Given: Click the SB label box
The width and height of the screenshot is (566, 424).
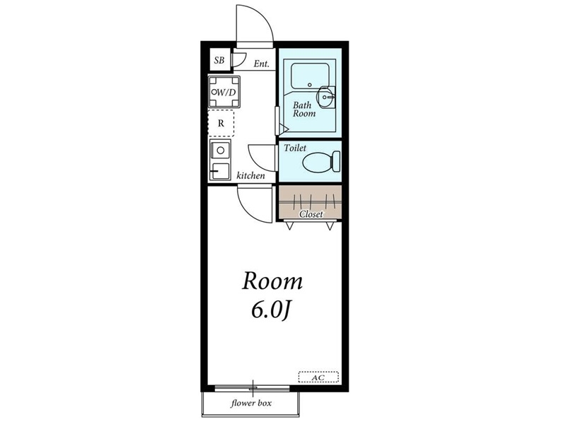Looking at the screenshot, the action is point(219,60).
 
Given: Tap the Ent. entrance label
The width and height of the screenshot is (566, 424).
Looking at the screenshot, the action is point(261,64).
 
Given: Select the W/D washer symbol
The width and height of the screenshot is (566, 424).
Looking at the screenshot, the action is point(224,92).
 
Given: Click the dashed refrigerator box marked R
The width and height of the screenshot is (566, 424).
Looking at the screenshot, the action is point(221,123).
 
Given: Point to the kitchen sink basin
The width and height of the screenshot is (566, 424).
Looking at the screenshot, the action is point(220,150).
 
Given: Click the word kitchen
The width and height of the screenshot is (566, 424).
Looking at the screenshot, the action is point(250,175).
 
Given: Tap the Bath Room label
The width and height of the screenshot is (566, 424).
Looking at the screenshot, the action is point(304,110).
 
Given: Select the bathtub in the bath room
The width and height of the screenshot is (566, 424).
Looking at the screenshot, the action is point(310,76).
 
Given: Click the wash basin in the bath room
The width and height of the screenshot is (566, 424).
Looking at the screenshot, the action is point(326,97).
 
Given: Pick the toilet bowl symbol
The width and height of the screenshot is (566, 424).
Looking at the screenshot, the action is point(321,162).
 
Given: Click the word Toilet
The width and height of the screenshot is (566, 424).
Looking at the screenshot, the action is point(295,148).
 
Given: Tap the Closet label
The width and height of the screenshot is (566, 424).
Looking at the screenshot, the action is point(311,214).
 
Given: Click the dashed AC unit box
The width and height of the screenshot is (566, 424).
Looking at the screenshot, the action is point(318,377).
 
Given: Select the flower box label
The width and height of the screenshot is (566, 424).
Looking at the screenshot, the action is point(251,403).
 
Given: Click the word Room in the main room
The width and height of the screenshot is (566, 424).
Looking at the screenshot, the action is point(272,281).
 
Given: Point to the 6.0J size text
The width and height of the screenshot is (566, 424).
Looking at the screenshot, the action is point(271,311).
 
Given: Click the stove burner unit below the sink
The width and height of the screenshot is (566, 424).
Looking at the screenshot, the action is point(220,171).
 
